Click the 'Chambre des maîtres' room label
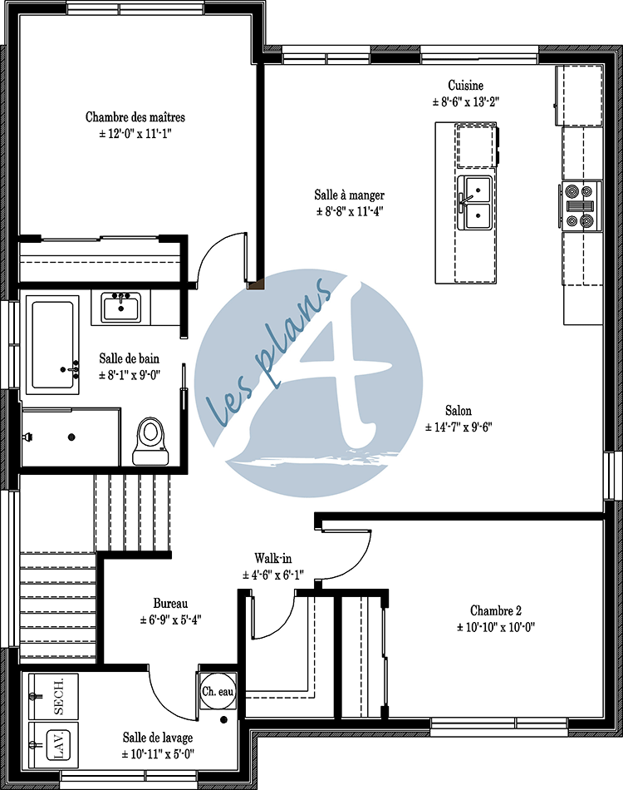pos(135,117)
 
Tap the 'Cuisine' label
pos(465,86)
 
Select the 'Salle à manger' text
pos(349,195)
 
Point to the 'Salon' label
pos(459,411)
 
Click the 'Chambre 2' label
pos(494,610)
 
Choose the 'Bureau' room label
pos(171,603)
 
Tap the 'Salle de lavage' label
pos(158,738)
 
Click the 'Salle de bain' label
pos(129,358)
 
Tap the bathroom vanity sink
pos(122,307)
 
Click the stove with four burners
pos(581,205)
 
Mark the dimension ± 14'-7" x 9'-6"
pos(459,427)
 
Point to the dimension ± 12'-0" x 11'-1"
pos(135,133)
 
